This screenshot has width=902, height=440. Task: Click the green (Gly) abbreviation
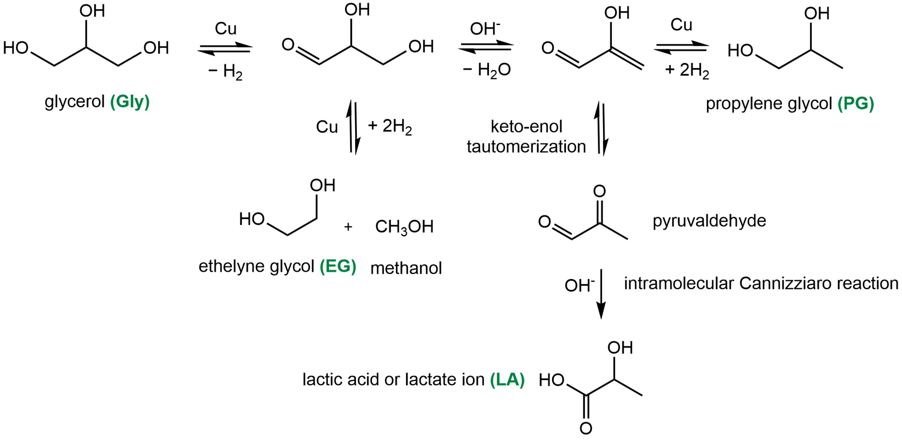[x=130, y=102]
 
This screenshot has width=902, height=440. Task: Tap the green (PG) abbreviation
[x=855, y=104]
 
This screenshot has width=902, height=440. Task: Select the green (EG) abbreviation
[x=338, y=266]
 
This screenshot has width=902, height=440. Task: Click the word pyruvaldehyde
[x=709, y=221]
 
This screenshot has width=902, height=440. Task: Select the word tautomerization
[x=526, y=146]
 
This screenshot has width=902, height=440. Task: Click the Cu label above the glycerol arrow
[x=226, y=29]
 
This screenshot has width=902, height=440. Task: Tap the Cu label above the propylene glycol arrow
[x=681, y=25]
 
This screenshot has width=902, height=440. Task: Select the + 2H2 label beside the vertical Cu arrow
[x=390, y=126]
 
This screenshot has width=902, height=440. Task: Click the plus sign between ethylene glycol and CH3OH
[x=348, y=227]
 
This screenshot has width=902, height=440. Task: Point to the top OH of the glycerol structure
[x=92, y=11]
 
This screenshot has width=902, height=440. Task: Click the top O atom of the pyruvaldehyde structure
[x=599, y=191]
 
